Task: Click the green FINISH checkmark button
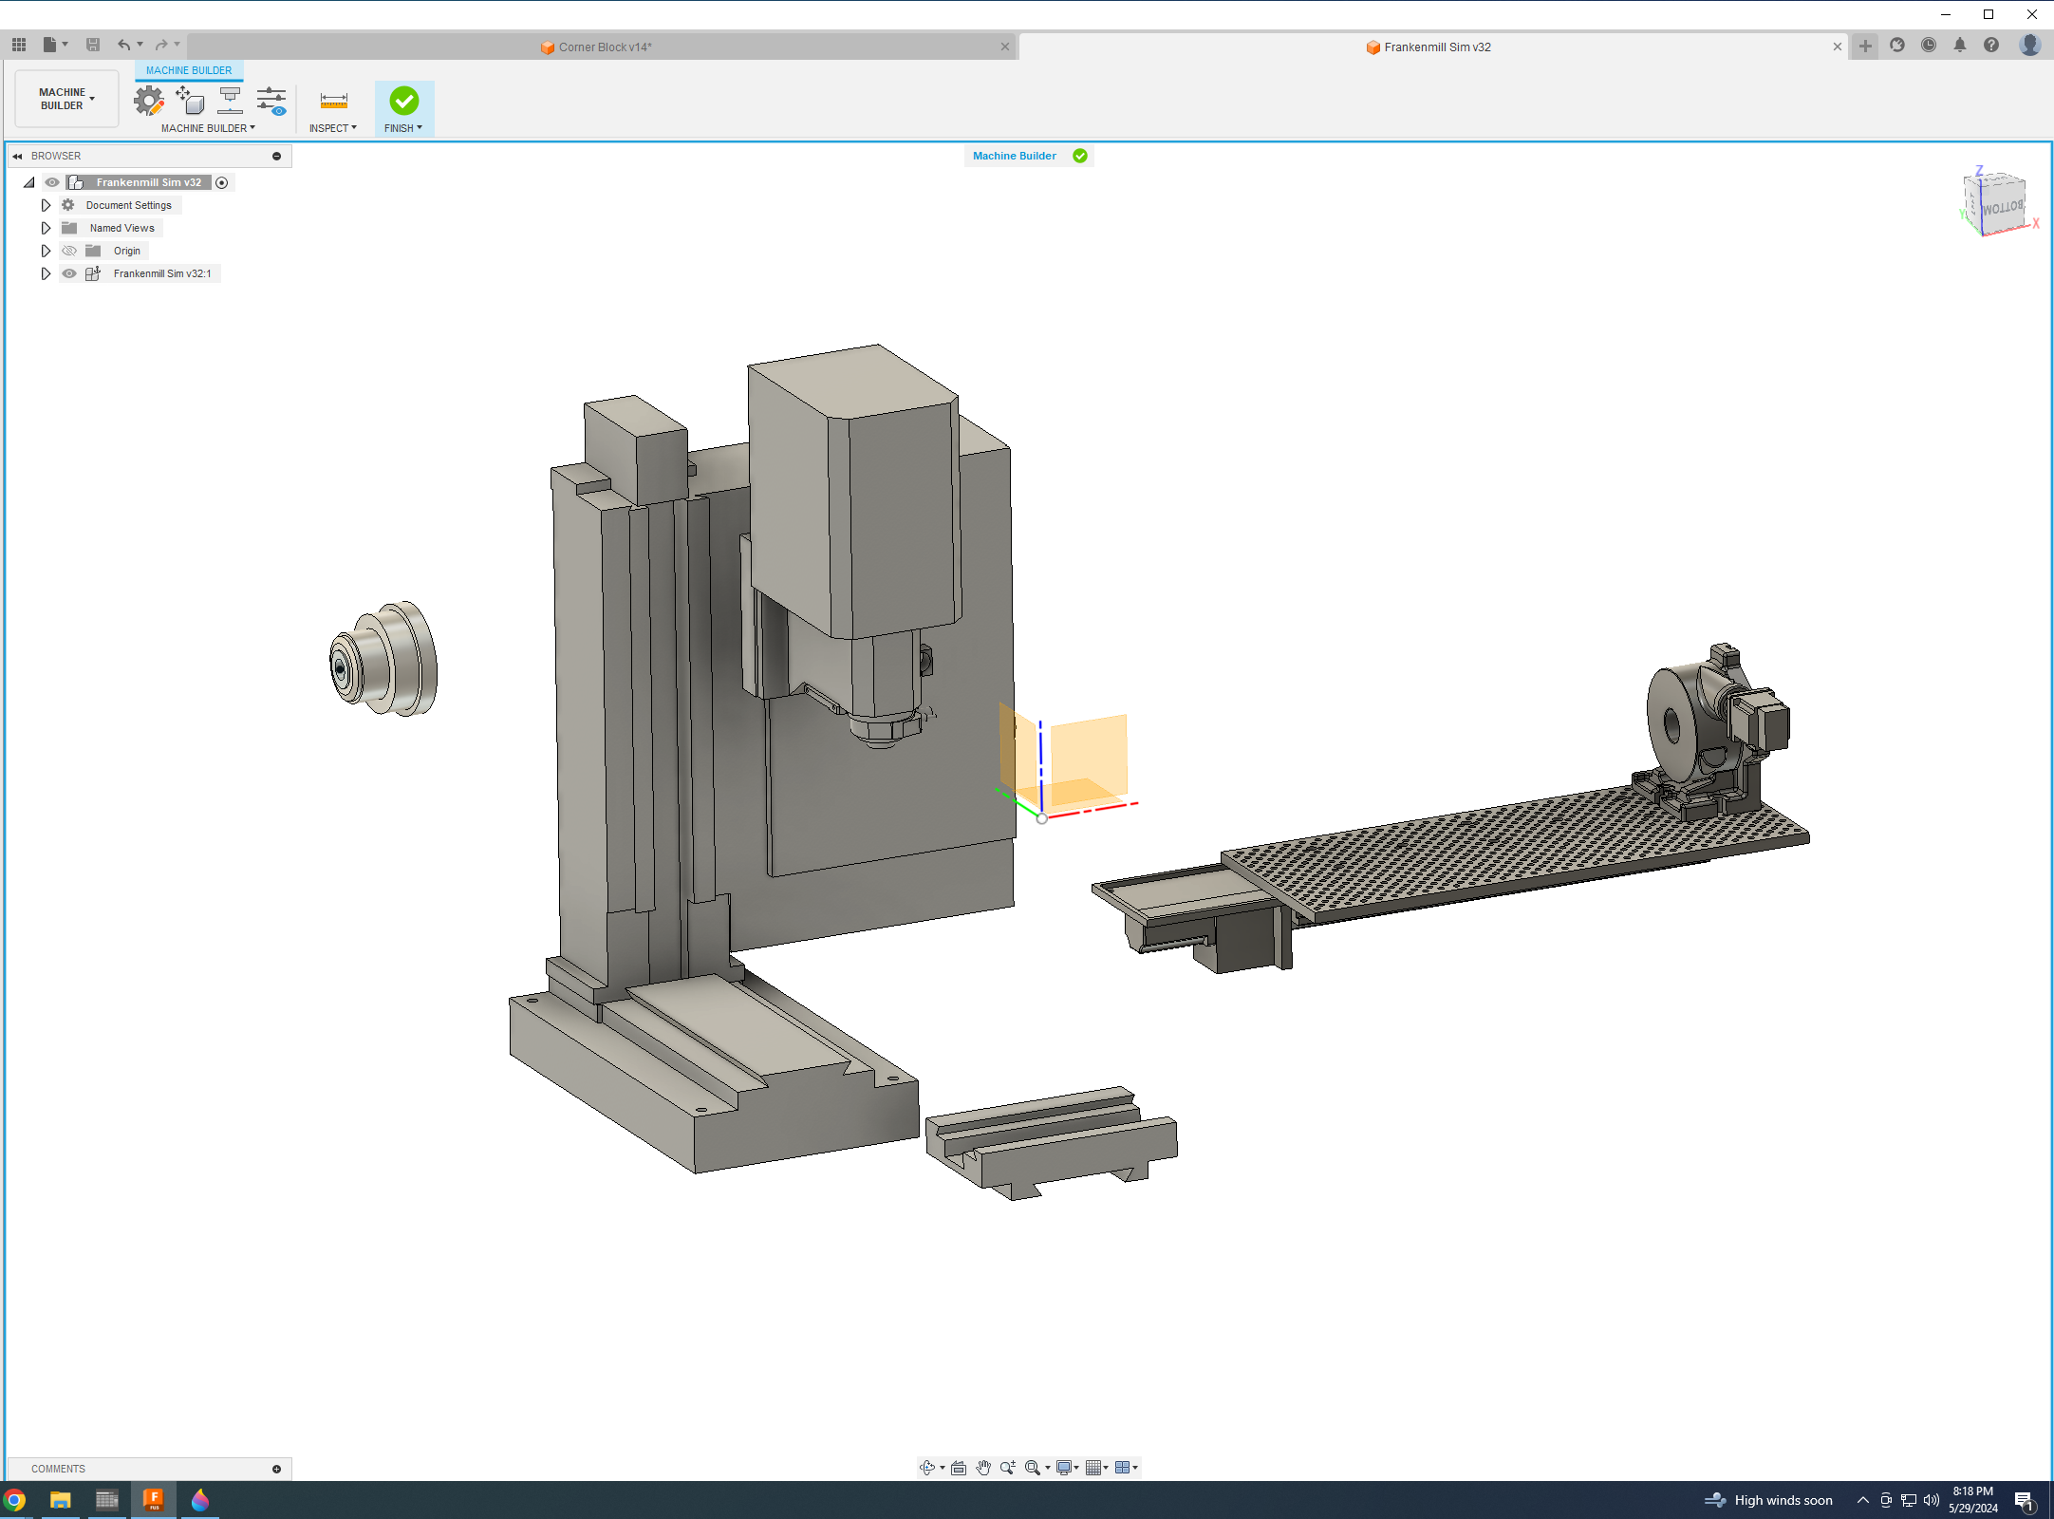tap(403, 101)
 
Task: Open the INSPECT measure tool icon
tap(333, 101)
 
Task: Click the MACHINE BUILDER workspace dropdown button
tap(66, 99)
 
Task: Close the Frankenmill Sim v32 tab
tap(1838, 47)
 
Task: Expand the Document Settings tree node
tap(46, 205)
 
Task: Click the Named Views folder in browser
tap(121, 228)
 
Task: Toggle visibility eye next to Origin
tap(69, 251)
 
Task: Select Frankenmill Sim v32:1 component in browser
tap(161, 273)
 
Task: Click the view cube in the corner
tap(1998, 204)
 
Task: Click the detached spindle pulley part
tap(385, 660)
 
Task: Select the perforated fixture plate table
tap(1519, 845)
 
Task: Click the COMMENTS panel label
tap(58, 1469)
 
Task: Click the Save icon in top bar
tap(93, 45)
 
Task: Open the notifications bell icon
tap(1960, 45)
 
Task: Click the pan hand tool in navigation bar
tap(983, 1468)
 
